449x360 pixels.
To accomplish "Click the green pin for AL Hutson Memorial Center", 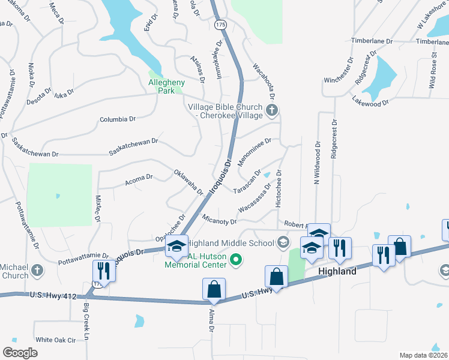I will point(236,260).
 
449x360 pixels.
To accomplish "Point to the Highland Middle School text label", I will point(230,243).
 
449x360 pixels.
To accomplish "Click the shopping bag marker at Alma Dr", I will point(214,289).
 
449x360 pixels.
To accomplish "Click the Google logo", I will point(20,352).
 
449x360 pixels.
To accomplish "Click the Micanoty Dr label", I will point(220,221).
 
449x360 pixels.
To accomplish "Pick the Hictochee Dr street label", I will point(278,188).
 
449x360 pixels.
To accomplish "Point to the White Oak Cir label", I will point(55,340).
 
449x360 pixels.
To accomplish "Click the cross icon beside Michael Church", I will point(38,270).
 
